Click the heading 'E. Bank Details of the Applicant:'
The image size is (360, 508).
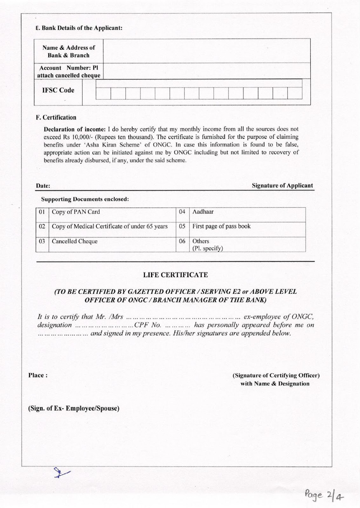point(79,28)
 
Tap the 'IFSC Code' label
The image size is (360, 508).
point(58,90)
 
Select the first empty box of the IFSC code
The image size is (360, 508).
point(103,93)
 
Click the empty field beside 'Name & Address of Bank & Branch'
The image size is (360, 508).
point(207,51)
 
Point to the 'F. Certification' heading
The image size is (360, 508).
point(56,117)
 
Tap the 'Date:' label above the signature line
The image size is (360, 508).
point(43,186)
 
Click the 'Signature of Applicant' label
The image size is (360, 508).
point(282,185)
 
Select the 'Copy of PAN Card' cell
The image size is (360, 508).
point(76,212)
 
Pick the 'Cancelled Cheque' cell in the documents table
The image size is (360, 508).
point(75,241)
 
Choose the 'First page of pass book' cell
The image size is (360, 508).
point(221,226)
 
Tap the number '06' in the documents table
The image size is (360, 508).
point(182,241)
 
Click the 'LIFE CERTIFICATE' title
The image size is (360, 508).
point(175,275)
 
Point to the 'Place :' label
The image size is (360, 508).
point(38,375)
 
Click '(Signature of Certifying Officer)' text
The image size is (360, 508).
point(276,375)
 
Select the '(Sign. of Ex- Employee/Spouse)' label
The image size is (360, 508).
point(74,408)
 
